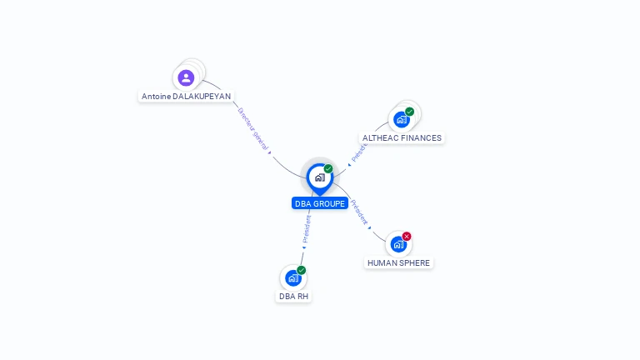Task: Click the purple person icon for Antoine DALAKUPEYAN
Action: (x=186, y=77)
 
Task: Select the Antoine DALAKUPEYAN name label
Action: (x=186, y=97)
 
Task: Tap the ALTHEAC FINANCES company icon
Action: (x=402, y=120)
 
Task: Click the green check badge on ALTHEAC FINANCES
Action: (x=410, y=112)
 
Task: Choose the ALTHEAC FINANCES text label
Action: (x=402, y=138)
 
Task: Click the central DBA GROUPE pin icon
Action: (x=319, y=177)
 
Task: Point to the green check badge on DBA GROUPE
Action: (x=328, y=168)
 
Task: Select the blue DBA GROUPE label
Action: (x=319, y=203)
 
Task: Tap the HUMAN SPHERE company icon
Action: (x=398, y=244)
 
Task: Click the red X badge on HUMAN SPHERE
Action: (x=407, y=237)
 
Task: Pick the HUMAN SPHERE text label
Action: (x=399, y=263)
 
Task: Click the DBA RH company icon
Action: (x=293, y=277)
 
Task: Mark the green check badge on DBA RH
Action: (x=302, y=270)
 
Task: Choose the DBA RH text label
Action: (x=293, y=297)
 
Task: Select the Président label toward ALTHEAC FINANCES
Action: (x=360, y=150)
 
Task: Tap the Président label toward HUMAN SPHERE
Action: (x=360, y=212)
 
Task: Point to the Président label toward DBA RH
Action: (x=307, y=228)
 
